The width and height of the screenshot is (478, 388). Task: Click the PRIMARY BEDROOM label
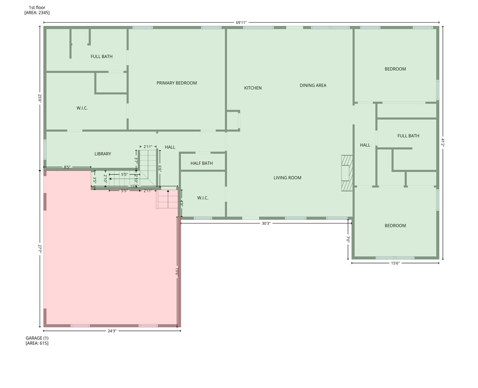[x=176, y=83]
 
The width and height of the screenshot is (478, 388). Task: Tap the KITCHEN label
[x=253, y=88]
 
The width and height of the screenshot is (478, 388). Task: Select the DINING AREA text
[x=313, y=85]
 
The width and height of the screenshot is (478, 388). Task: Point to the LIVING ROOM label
[x=287, y=178]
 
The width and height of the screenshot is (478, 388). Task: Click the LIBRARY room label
[x=103, y=154]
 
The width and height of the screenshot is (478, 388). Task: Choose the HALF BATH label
[x=201, y=163]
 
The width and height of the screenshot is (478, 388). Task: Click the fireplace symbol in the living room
[x=347, y=173]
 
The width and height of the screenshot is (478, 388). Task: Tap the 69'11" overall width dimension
[x=241, y=23]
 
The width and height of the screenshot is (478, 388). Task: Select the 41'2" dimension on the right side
[x=442, y=143]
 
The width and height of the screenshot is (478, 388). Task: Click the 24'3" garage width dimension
[x=112, y=331]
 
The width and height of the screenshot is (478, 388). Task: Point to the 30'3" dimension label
[x=266, y=224]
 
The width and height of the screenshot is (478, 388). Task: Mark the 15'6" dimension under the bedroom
[x=395, y=263]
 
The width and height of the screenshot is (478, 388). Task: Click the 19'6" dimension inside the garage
[x=177, y=271]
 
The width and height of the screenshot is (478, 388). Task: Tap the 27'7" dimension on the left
[x=40, y=249]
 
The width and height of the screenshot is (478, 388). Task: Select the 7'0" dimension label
[x=348, y=239]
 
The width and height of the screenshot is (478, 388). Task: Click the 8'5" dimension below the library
[x=67, y=167]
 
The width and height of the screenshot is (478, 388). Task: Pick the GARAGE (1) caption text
[x=37, y=338]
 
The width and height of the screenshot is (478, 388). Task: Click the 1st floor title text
[x=37, y=7]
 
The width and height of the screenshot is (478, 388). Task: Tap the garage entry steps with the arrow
[x=168, y=199]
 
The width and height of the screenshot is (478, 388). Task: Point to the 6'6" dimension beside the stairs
[x=160, y=169]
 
